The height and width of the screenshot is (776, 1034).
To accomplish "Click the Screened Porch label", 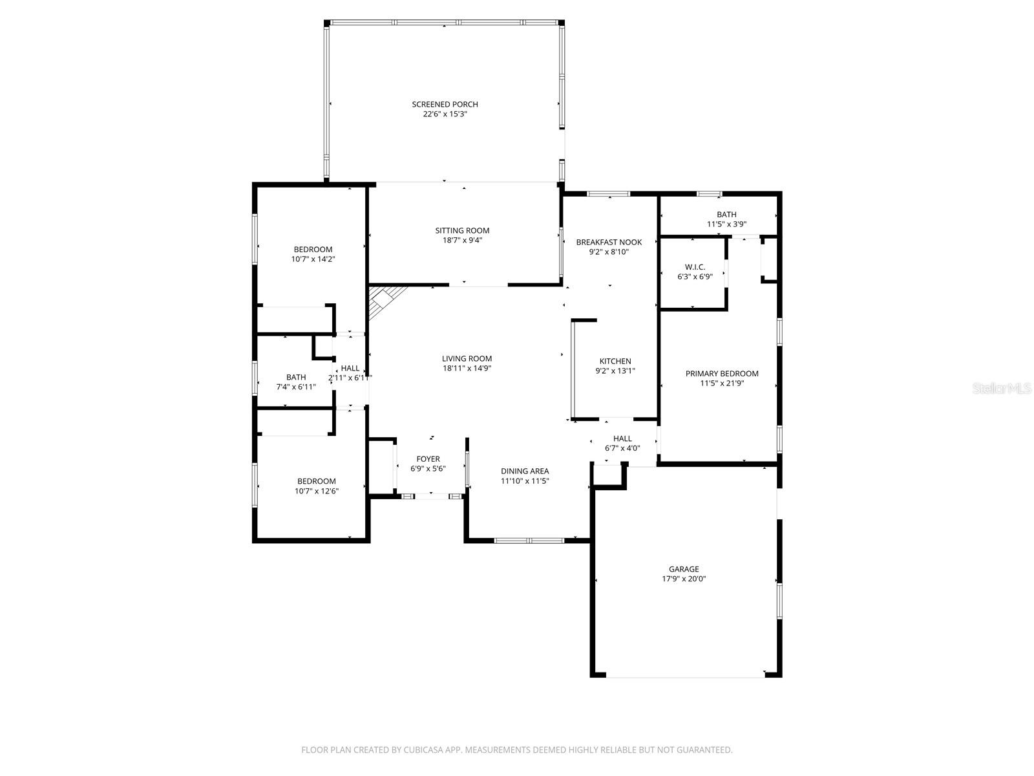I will [445, 104].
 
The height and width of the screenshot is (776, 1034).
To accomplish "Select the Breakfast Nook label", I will [609, 242].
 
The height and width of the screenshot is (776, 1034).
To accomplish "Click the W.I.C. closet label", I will [695, 267].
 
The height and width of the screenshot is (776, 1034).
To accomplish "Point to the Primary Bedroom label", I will [722, 373].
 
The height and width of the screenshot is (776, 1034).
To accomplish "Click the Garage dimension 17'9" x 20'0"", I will [683, 579].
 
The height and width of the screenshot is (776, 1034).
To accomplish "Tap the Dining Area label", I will [525, 471].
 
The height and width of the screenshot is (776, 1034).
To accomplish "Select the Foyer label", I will [428, 459].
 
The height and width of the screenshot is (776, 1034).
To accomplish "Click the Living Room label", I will [467, 358].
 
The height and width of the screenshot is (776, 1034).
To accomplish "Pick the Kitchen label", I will [615, 361].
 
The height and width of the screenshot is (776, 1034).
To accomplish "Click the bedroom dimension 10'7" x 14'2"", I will [313, 259].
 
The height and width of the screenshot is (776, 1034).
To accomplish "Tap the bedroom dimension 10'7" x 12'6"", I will [317, 491].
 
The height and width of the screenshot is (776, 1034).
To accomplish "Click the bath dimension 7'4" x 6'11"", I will [296, 387].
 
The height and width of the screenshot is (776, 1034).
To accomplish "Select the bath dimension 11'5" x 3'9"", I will [726, 224].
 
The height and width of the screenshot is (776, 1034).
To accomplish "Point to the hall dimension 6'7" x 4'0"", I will [622, 448].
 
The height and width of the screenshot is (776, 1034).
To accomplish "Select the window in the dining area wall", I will [529, 540].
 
